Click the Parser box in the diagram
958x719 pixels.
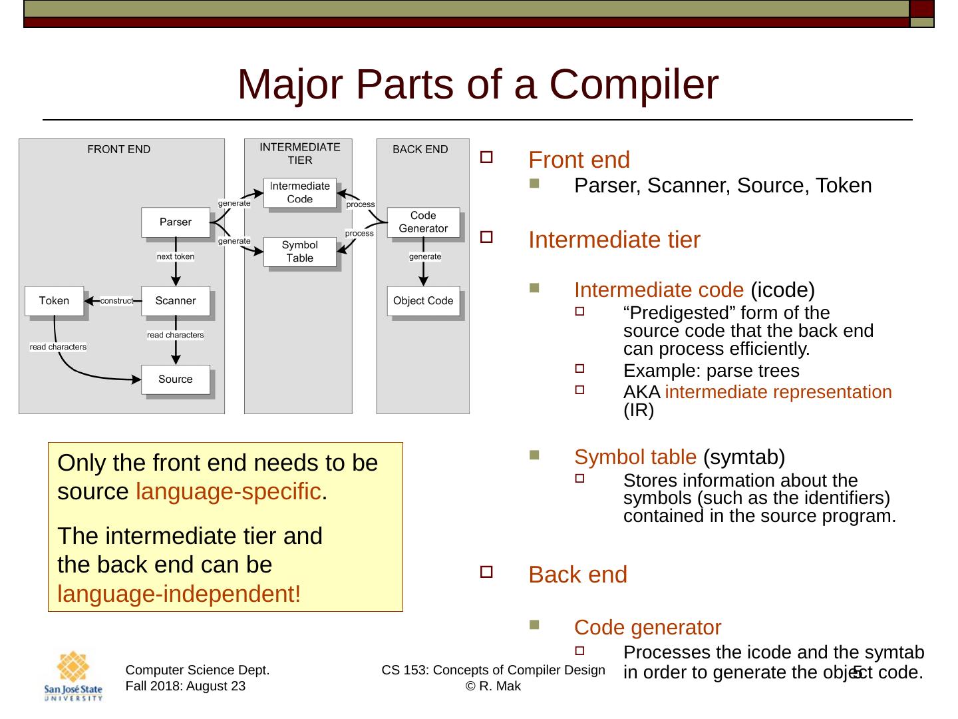tap(176, 222)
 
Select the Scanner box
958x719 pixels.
tap(176, 301)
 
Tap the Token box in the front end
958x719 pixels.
tap(54, 301)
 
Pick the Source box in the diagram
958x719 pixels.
tap(176, 379)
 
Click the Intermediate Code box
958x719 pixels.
tap(300, 192)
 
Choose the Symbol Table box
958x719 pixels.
tap(300, 252)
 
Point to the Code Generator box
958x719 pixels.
tap(423, 222)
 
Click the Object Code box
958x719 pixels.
tap(423, 301)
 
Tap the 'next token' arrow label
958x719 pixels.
tap(176, 256)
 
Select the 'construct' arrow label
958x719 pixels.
tap(116, 301)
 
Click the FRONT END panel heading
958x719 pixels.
tap(119, 149)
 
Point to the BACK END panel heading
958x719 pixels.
tap(420, 149)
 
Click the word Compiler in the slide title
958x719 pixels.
tap(634, 85)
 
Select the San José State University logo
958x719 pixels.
tap(73, 676)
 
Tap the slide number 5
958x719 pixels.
tap(858, 672)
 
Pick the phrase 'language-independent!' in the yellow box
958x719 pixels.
tap(179, 594)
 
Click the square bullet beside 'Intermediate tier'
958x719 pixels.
tap(486, 237)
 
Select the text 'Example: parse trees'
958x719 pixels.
tap(711, 371)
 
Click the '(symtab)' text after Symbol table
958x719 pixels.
tap(744, 457)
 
